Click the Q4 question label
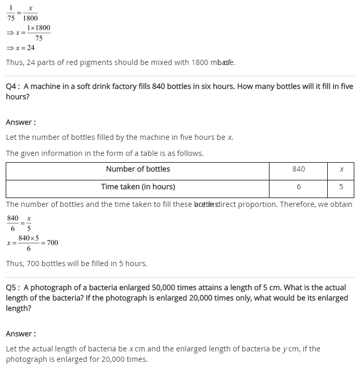click(x=13, y=86)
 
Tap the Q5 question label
click(x=13, y=287)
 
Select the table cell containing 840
click(x=299, y=169)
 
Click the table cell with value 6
click(x=299, y=187)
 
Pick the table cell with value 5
click(x=341, y=187)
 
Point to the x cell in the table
click(x=341, y=169)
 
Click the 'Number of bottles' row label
click(x=138, y=169)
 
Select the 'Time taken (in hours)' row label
click(x=138, y=187)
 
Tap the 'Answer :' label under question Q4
click(x=21, y=122)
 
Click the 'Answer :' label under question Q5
click(x=21, y=334)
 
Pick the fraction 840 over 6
click(x=13, y=223)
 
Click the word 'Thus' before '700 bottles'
click(x=14, y=264)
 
